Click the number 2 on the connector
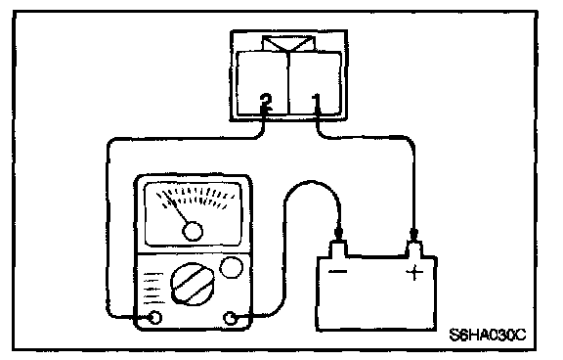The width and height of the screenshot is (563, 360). tap(266, 102)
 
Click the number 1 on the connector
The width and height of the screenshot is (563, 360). tap(317, 102)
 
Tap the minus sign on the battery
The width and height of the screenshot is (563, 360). tap(338, 272)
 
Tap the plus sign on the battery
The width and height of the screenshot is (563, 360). tap(414, 272)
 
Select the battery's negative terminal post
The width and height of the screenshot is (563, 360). tap(338, 248)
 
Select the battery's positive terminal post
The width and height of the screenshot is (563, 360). tap(414, 248)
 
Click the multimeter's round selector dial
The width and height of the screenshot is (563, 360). tap(193, 285)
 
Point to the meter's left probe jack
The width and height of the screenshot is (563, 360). tap(155, 318)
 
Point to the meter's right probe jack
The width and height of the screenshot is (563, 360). tap(230, 318)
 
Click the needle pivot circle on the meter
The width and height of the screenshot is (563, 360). tap(193, 232)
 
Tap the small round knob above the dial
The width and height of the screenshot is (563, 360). tap(231, 268)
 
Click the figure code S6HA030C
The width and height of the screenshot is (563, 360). tap(487, 335)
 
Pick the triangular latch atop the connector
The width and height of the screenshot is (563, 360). tap(288, 44)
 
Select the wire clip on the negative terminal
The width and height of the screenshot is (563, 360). tap(338, 234)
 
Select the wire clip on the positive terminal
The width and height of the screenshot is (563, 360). tap(413, 234)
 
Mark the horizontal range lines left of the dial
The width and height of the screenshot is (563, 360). tap(153, 289)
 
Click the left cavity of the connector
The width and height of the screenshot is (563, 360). tap(263, 83)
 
